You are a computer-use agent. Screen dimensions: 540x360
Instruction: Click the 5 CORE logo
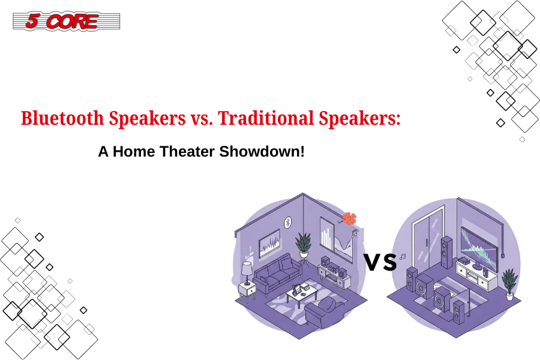[x=67, y=22]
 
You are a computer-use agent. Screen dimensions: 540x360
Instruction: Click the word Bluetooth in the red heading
[x=62, y=118]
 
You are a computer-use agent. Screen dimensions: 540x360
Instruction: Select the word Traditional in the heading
[x=266, y=118]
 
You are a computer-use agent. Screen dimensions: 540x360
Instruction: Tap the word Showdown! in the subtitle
[x=262, y=152]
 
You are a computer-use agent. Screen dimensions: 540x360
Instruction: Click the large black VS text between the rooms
[x=380, y=262]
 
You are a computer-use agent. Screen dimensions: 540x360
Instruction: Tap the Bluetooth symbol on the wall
[x=288, y=223]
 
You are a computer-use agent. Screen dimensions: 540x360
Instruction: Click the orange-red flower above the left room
[x=350, y=218]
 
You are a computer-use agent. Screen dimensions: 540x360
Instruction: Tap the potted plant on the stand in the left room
[x=304, y=245]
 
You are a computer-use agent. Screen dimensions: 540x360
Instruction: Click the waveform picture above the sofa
[x=269, y=243]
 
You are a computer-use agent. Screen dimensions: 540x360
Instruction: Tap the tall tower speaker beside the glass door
[x=446, y=252]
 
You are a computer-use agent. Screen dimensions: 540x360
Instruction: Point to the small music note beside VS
[x=402, y=257]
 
